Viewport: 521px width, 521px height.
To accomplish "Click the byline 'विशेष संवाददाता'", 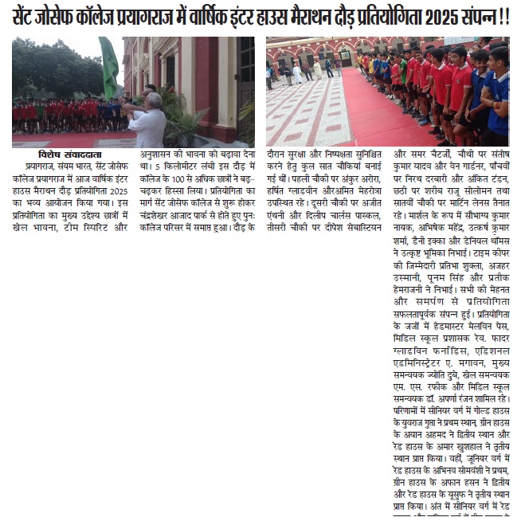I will tap(65, 155).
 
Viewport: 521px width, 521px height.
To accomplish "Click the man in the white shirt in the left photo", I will tap(149, 119).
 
